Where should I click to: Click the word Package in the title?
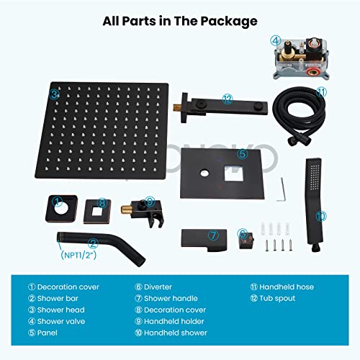click(x=229, y=22)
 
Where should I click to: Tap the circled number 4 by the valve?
click(x=276, y=41)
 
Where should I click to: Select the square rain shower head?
click(x=102, y=131)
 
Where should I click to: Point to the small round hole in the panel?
click(x=204, y=173)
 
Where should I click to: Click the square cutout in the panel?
click(x=233, y=173)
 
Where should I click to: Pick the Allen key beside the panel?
click(x=281, y=189)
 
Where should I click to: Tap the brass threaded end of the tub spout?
click(x=177, y=107)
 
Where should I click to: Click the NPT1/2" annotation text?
click(x=78, y=255)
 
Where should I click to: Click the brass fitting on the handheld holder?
click(x=126, y=210)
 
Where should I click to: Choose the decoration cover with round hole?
click(x=62, y=209)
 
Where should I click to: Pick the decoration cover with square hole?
click(x=97, y=212)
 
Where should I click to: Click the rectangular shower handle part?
click(x=204, y=240)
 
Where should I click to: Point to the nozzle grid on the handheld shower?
click(x=315, y=177)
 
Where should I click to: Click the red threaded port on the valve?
click(x=312, y=71)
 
